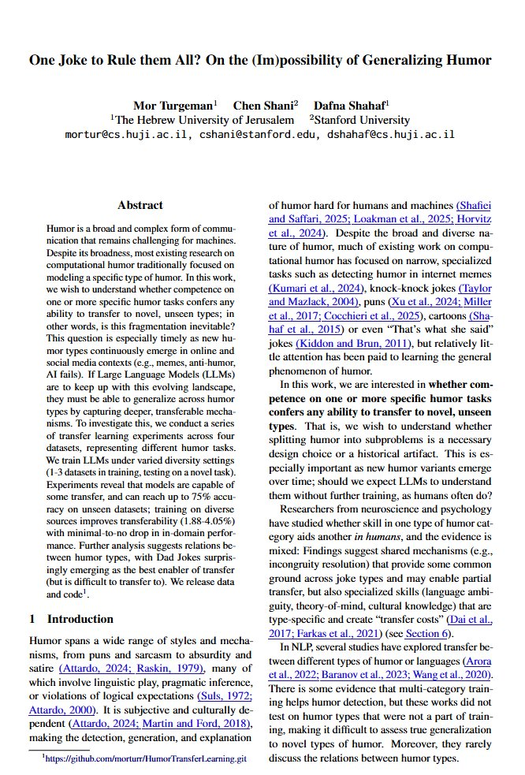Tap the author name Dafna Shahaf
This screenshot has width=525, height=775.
[345, 106]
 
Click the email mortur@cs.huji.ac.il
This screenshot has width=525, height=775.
[125, 135]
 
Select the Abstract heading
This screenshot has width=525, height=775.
[140, 206]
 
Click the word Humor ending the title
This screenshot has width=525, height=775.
[471, 60]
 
